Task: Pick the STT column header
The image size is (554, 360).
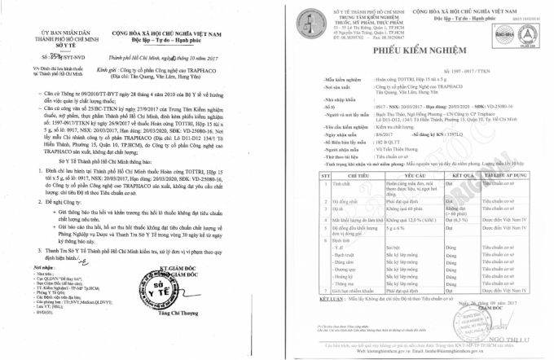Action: (303, 197)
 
